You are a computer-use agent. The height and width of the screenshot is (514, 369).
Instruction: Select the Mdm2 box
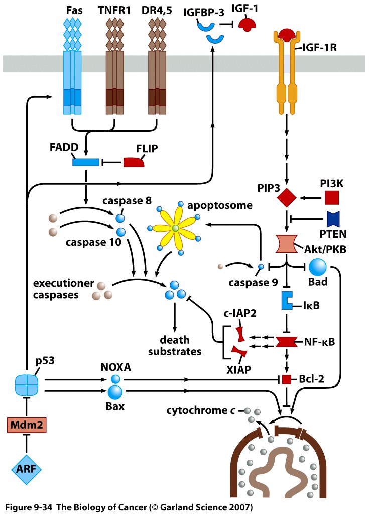coord(27,426)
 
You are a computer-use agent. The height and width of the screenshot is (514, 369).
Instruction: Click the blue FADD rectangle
coord(86,162)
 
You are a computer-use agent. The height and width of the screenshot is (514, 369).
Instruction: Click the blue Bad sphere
coord(318,266)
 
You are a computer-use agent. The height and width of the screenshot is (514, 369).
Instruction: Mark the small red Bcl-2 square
coord(286,380)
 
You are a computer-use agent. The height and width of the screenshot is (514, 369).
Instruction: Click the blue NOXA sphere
coord(116,380)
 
